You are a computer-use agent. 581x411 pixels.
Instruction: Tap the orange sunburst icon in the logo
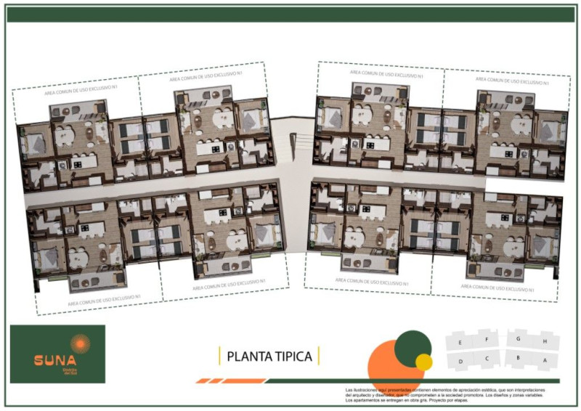[79, 342]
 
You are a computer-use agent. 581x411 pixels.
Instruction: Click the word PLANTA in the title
[249, 357]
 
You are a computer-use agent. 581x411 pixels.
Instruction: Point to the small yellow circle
[423, 361]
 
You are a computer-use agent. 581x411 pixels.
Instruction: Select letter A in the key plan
[544, 359]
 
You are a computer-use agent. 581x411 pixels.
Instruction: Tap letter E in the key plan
[459, 339]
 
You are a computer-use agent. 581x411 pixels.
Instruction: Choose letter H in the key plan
[545, 340]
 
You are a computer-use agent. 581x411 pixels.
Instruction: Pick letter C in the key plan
[487, 358]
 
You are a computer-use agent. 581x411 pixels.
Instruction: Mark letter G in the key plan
[518, 338]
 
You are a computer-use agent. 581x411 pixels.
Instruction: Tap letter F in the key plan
[487, 338]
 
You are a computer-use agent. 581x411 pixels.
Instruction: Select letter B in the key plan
[516, 358]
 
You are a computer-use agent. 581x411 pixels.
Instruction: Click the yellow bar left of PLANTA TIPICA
[219, 356]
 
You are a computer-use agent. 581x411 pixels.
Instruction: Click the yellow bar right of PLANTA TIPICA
[318, 356]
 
